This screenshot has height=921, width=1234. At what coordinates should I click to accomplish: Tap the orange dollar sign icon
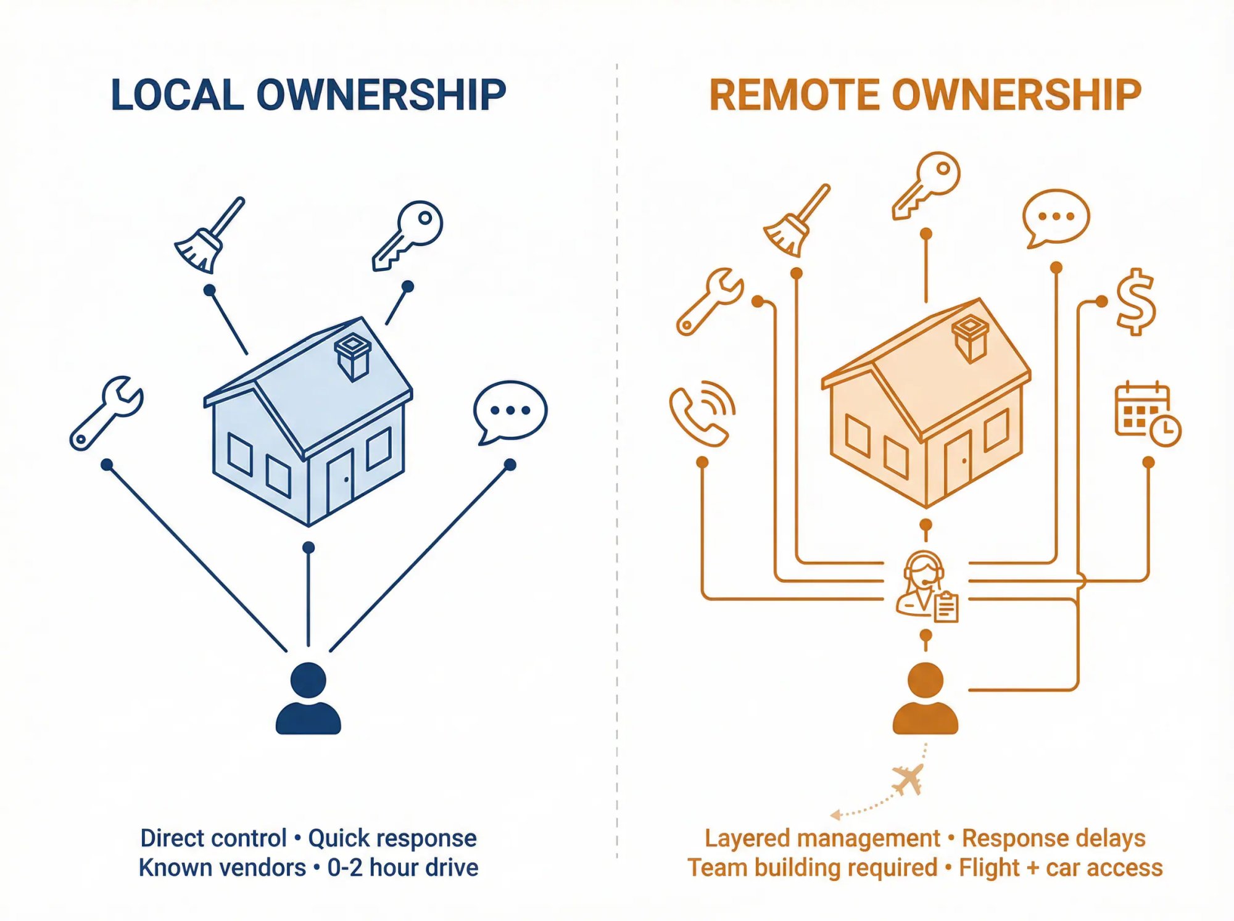[x=1136, y=302]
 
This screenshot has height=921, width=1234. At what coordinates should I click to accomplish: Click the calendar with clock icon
[x=1147, y=414]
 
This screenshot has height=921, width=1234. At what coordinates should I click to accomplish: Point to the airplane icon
[x=909, y=779]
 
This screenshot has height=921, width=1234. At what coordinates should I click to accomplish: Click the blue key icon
[x=408, y=235]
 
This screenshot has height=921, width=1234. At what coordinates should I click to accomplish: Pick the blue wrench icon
[x=107, y=413]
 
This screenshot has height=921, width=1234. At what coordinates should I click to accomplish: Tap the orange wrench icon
[x=710, y=302]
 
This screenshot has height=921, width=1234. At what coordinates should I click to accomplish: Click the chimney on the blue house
[x=352, y=357]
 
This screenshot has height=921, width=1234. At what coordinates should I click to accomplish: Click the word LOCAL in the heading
[x=178, y=96]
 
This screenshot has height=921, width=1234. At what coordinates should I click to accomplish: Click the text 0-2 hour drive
[x=403, y=867]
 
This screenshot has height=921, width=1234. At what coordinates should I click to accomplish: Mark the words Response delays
[x=1053, y=838]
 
